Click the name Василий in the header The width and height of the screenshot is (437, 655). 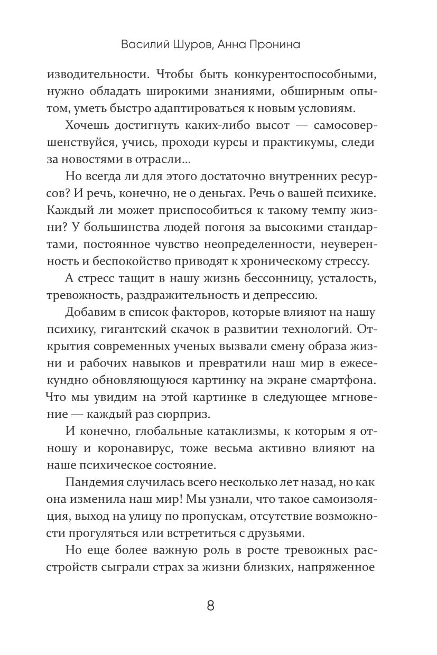144,44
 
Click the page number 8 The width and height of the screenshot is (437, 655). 210,605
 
